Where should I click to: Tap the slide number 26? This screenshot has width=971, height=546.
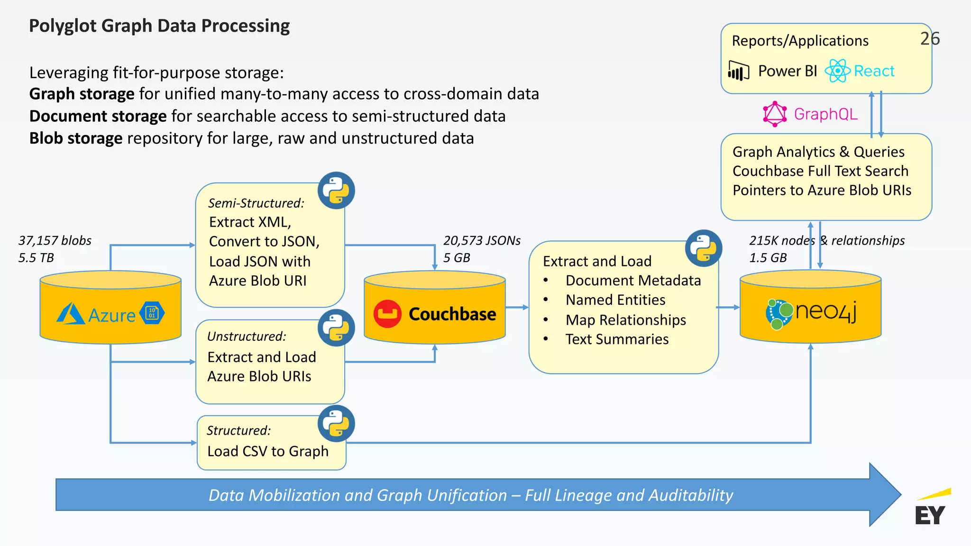(x=930, y=39)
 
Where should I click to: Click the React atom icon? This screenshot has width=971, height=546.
(x=838, y=71)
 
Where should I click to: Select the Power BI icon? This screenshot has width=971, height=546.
(x=738, y=72)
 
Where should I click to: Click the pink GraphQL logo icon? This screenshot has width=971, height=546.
(x=775, y=114)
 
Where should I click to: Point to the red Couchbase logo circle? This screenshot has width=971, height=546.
(x=387, y=314)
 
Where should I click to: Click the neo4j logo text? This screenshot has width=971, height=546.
(x=826, y=312)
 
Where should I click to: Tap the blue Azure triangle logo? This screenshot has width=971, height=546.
(x=71, y=314)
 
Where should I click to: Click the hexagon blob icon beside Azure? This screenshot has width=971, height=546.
(x=152, y=313)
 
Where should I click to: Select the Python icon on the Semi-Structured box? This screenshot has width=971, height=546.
(x=336, y=191)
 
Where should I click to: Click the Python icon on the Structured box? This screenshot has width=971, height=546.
(x=336, y=423)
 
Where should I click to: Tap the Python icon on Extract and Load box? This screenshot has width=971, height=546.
(x=704, y=248)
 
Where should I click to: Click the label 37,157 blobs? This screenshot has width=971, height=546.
(x=55, y=240)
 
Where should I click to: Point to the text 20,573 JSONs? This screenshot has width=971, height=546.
(x=482, y=240)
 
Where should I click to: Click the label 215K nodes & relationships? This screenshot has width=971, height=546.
(x=826, y=240)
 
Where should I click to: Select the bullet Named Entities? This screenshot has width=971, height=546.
(x=615, y=300)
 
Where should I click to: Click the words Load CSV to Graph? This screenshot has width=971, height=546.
(x=268, y=451)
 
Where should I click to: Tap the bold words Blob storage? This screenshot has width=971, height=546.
(x=76, y=138)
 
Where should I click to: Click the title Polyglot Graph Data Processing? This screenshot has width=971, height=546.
(x=159, y=26)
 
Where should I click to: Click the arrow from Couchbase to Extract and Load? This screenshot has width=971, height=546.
(x=517, y=307)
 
